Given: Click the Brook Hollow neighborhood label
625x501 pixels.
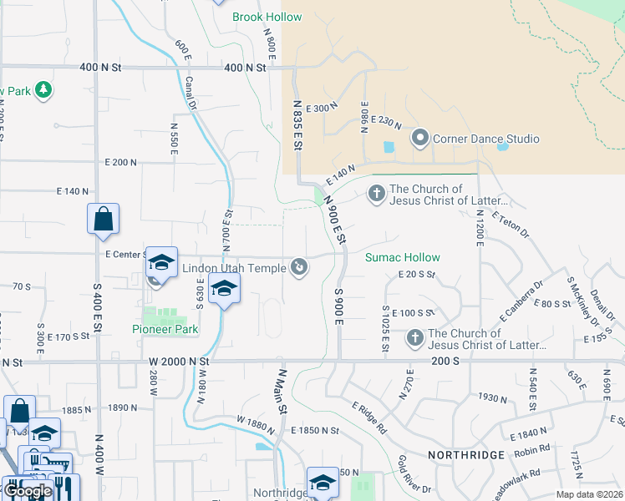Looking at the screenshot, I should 267,17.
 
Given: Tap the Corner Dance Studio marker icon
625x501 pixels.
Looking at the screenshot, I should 419,138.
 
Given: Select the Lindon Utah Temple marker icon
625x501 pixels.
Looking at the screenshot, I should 300,267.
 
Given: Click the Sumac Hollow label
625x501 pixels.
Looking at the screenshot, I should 402,257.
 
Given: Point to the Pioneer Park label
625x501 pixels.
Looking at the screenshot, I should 165,329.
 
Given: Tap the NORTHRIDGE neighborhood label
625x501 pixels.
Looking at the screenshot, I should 466,455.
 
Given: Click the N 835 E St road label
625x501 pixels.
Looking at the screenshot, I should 297,124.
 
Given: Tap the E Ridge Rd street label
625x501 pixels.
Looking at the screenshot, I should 368,418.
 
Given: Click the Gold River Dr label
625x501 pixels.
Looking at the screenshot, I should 414,474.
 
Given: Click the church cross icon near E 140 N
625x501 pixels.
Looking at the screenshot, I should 376,195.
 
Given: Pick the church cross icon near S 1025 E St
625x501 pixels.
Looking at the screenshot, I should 415,338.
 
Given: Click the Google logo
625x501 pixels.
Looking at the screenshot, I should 28,491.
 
